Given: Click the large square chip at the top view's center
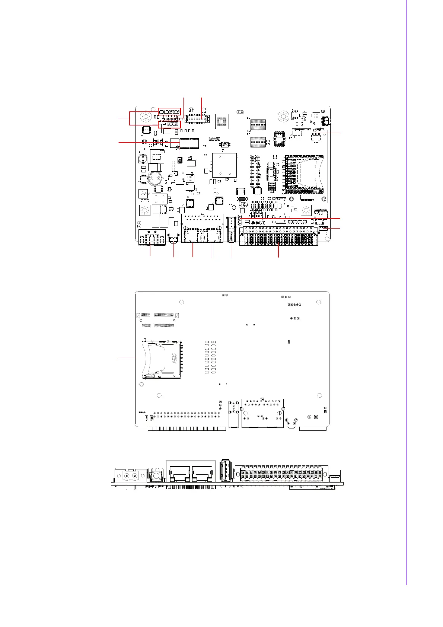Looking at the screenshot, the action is [224, 165].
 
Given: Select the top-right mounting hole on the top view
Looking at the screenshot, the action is [284, 117].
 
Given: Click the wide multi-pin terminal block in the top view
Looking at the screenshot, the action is [278, 236].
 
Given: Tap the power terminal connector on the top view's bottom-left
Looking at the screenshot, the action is [152, 237].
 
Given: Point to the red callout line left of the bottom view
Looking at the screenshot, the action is [126, 358].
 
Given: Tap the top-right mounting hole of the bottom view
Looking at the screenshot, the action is [319, 302].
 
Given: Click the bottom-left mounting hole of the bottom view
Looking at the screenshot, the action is [159, 395].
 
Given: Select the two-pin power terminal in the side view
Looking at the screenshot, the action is [131, 475].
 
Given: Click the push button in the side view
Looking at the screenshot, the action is [157, 476].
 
